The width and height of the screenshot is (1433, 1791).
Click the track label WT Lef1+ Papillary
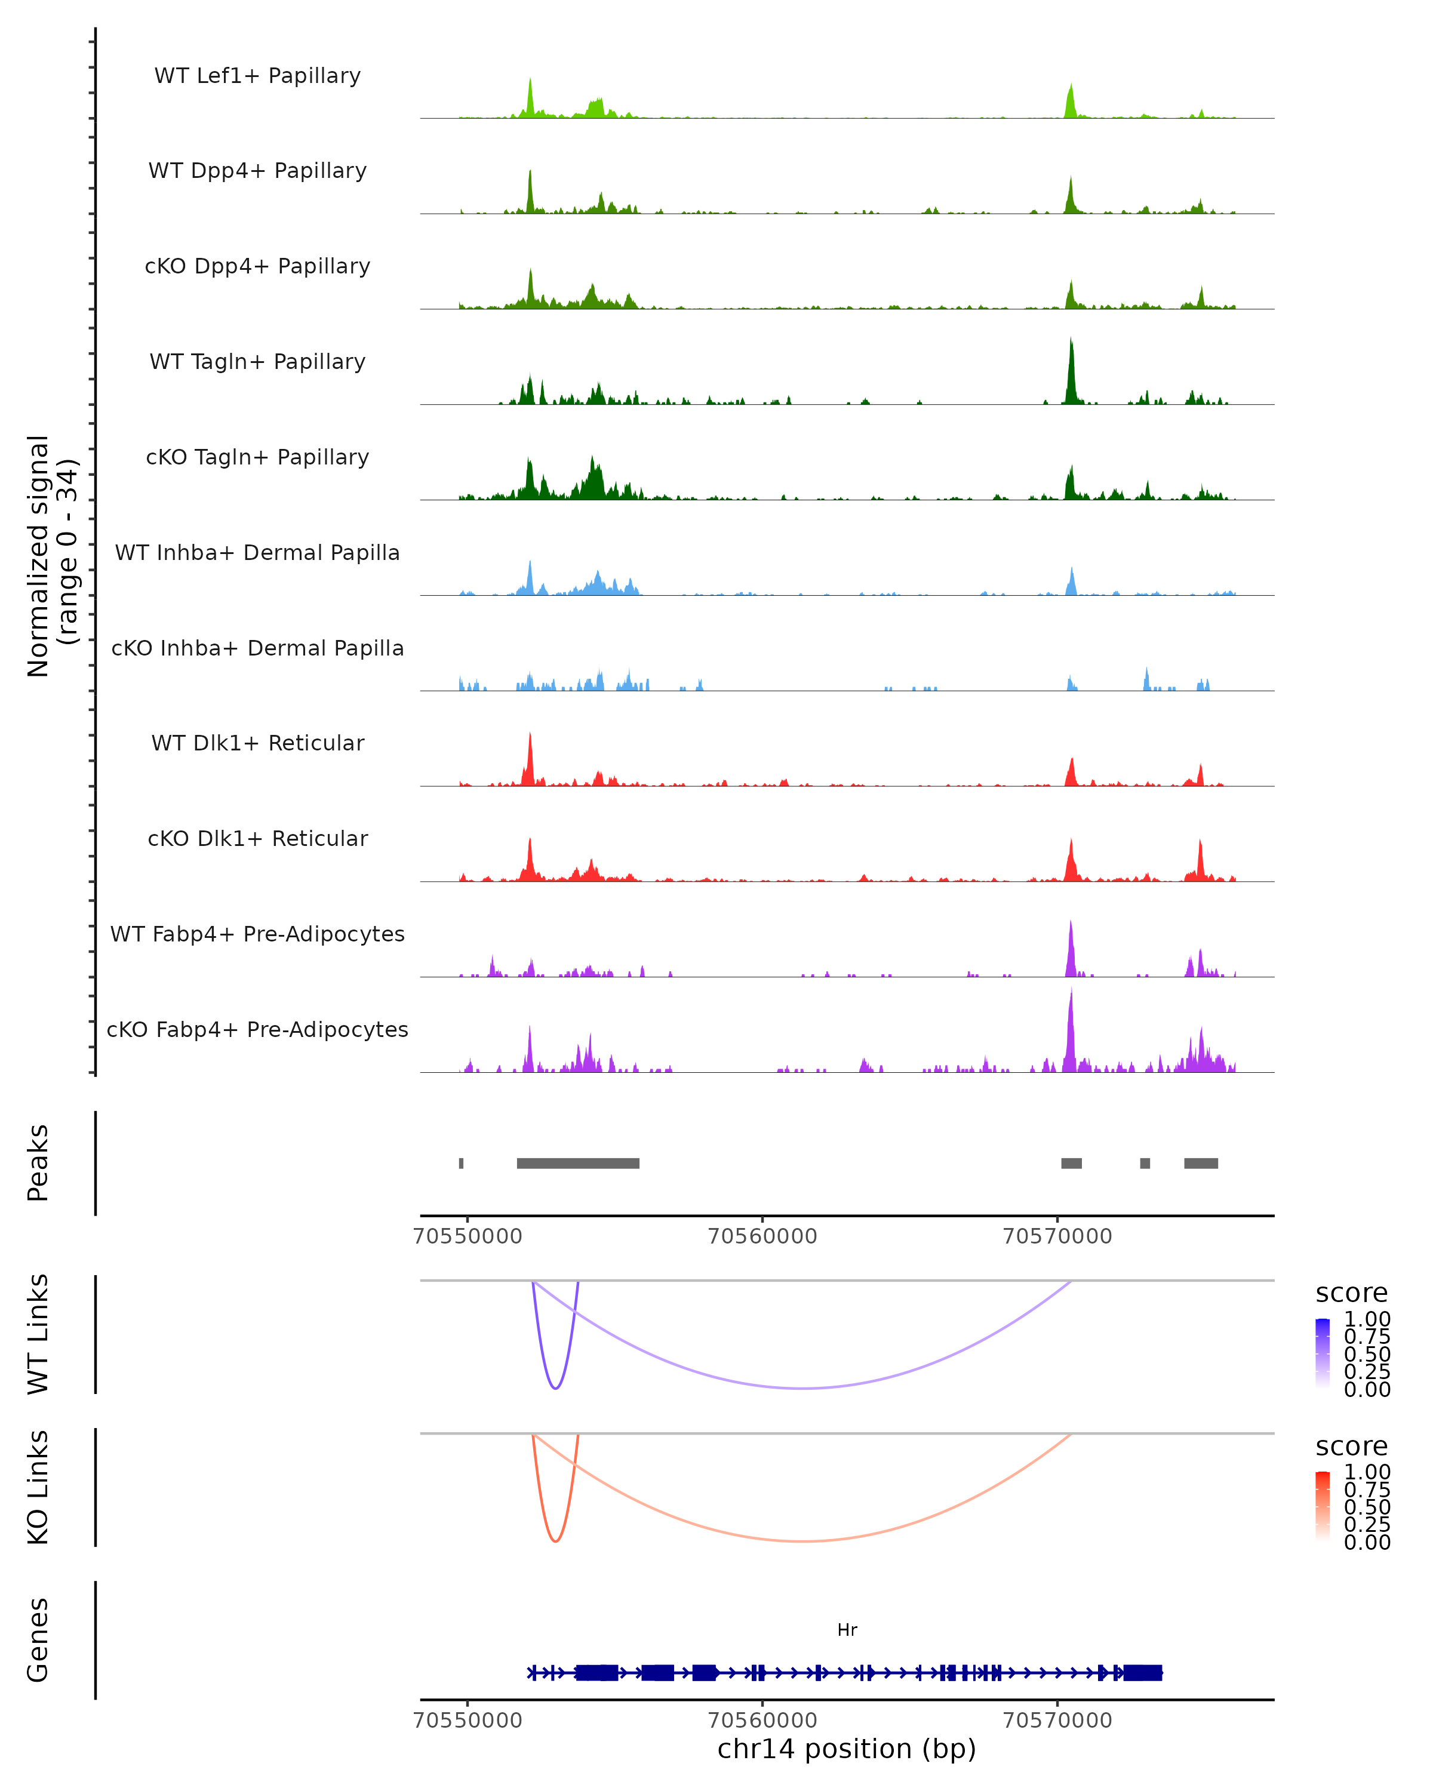[x=257, y=76]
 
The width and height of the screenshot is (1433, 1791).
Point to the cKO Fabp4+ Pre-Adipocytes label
[x=257, y=1029]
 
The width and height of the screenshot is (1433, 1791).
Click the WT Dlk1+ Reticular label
[x=257, y=743]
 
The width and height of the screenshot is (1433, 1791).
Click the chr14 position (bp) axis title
[x=847, y=1749]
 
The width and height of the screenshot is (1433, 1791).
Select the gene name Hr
[x=847, y=1630]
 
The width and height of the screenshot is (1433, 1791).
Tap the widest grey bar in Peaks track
[x=578, y=1163]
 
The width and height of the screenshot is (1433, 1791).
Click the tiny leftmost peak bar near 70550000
[x=461, y=1163]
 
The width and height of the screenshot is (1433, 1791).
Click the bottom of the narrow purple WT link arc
[x=555, y=1388]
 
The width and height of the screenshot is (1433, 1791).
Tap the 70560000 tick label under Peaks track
[x=762, y=1236]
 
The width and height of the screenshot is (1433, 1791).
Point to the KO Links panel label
[x=38, y=1487]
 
